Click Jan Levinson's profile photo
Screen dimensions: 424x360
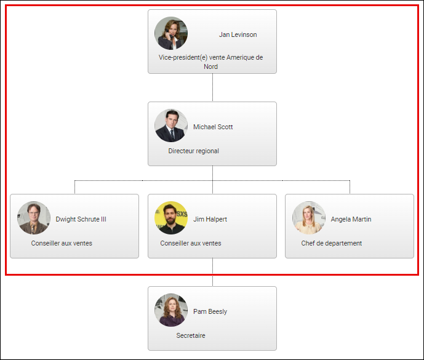coord(171,33)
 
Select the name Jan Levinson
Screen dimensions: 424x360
coord(238,35)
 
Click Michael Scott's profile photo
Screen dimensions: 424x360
coord(171,126)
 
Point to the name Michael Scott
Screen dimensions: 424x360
coord(213,127)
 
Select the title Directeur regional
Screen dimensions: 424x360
coord(193,151)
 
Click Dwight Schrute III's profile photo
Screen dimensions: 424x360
coord(34,218)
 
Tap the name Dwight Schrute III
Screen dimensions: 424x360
coord(81,220)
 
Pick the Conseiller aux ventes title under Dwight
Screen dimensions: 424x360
coord(62,243)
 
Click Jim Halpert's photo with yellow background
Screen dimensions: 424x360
coord(171,218)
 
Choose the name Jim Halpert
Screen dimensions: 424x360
coord(210,220)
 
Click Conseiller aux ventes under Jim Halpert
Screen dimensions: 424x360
coord(191,243)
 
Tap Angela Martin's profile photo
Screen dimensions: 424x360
coord(308,218)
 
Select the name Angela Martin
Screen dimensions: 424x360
coord(351,220)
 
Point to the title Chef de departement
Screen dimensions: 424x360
coord(331,243)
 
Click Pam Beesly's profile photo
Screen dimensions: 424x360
coord(171,310)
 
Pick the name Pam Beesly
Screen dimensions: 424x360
coord(210,312)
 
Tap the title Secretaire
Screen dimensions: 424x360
coord(191,335)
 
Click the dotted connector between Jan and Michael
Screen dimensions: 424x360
coord(212,87)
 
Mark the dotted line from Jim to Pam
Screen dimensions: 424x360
coord(212,272)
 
